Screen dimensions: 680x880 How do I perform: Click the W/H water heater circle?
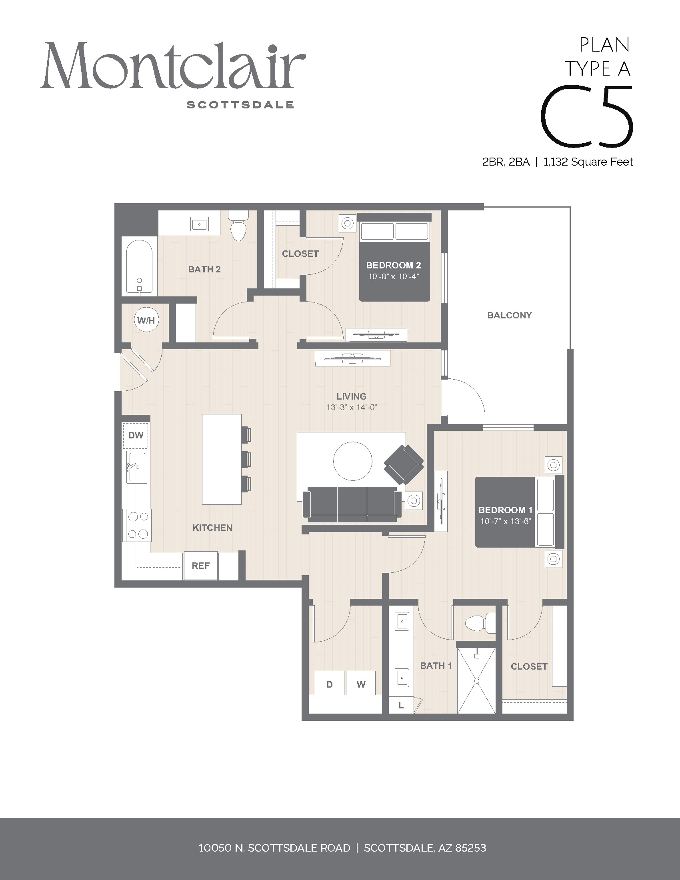tap(146, 320)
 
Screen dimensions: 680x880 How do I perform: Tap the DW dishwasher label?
tap(136, 435)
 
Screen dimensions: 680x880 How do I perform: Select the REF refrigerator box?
tap(201, 566)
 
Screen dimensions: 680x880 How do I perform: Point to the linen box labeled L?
tap(401, 705)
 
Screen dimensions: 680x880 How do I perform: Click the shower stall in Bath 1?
tap(476, 681)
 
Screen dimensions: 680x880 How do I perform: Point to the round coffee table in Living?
tap(353, 461)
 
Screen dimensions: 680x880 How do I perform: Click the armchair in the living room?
tap(404, 464)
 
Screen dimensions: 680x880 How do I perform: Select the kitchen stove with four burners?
tap(137, 526)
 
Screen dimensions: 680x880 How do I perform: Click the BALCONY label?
tap(510, 315)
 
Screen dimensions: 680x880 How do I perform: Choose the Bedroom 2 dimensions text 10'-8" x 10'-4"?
tap(394, 277)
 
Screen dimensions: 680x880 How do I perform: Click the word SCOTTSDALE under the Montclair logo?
tap(240, 105)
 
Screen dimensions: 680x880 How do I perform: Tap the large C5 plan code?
tap(586, 116)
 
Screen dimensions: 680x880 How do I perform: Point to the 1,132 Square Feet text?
tap(588, 162)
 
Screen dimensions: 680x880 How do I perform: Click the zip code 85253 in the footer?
tap(470, 848)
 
